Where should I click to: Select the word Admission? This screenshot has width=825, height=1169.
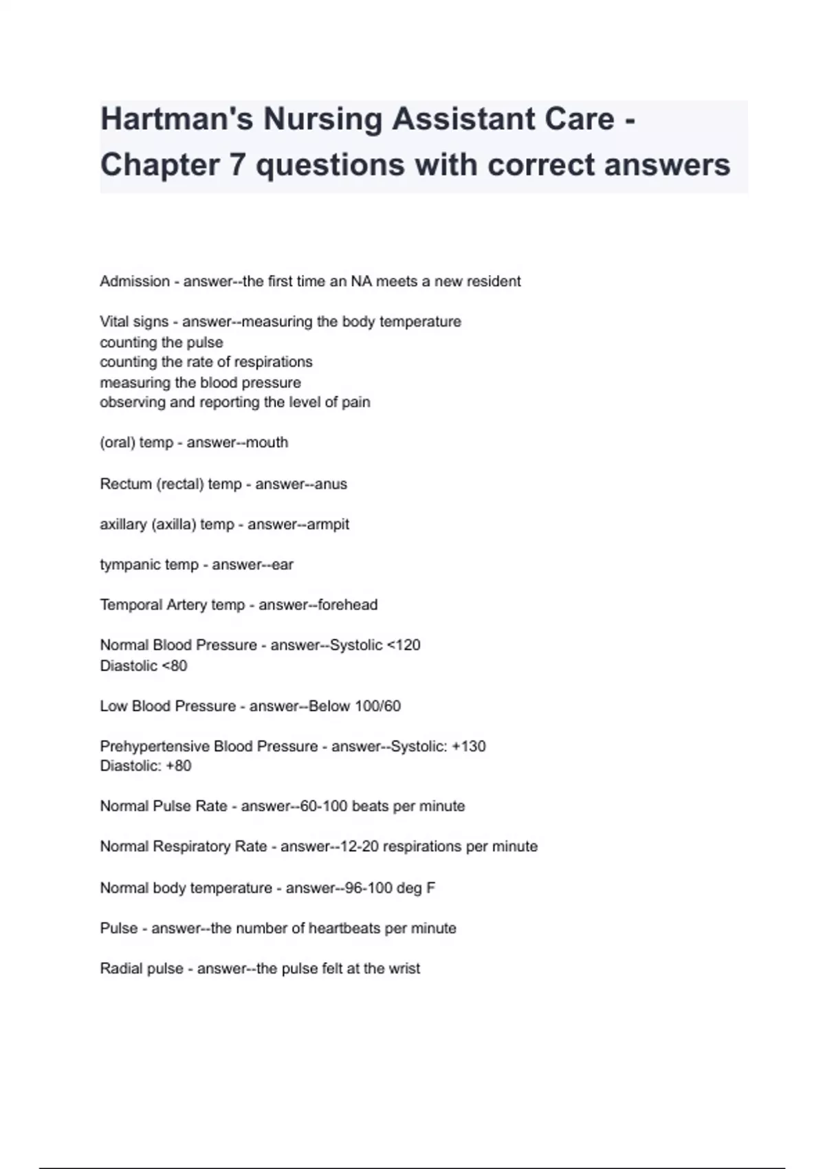point(135,281)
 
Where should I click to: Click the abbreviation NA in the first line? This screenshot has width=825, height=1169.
point(361,281)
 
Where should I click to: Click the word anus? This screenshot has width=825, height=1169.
point(331,484)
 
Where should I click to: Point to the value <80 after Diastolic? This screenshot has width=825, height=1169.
point(174,666)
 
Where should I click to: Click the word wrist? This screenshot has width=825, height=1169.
point(404,969)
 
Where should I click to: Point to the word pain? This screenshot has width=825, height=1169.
point(355,402)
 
